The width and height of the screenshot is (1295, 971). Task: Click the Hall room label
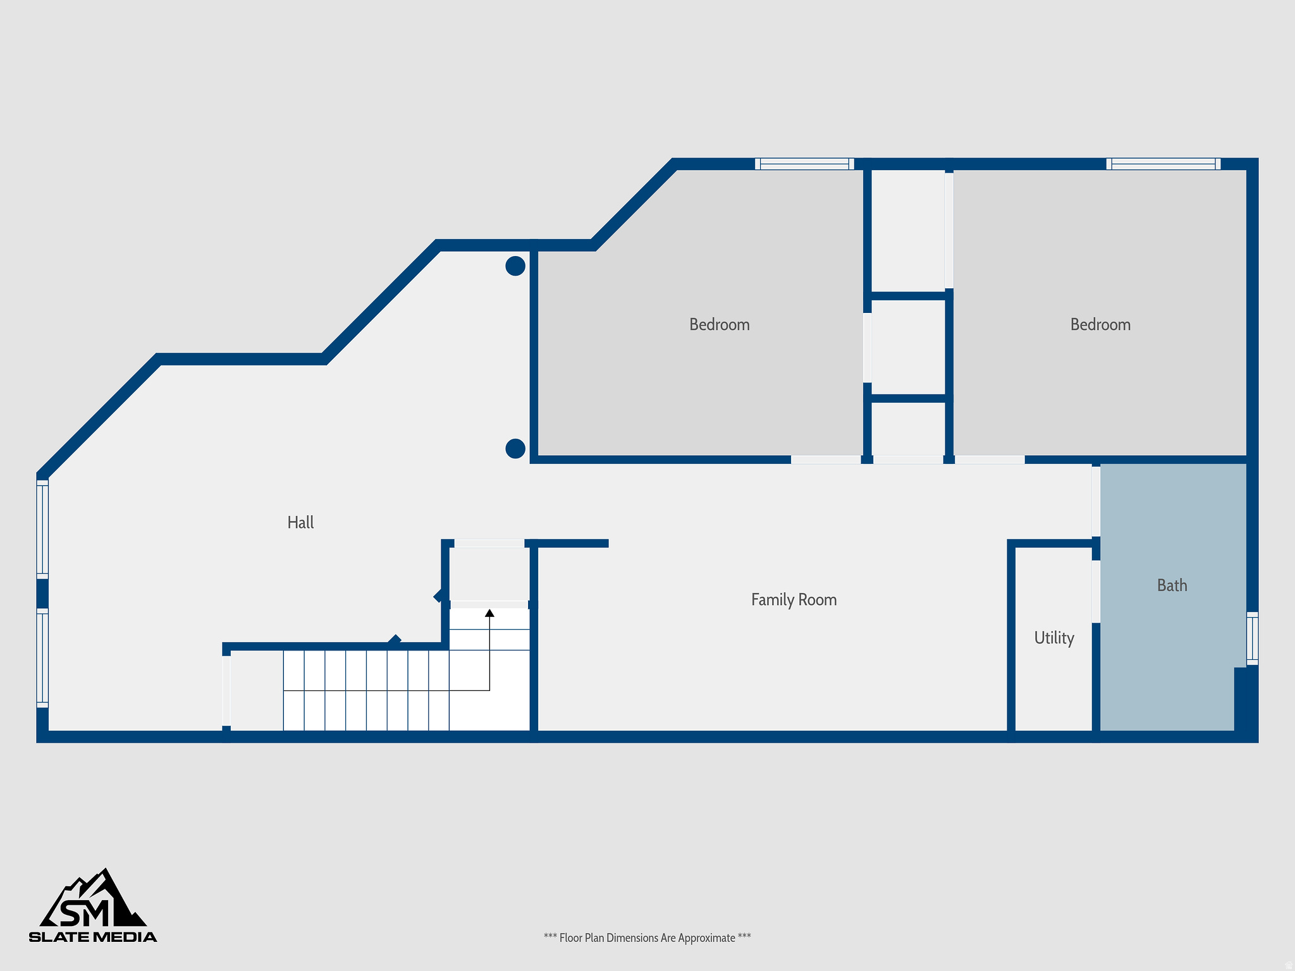click(300, 523)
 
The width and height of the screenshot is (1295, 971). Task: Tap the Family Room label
click(794, 600)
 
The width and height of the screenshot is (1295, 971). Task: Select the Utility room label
click(1054, 638)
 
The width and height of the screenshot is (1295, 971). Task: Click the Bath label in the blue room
click(1172, 585)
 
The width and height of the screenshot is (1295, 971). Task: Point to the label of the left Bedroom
click(719, 325)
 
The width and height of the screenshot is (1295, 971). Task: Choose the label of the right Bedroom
click(1100, 325)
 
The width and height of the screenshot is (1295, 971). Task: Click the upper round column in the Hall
click(515, 266)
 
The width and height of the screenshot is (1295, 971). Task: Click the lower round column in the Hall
click(515, 449)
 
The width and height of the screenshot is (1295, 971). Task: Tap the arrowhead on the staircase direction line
click(489, 613)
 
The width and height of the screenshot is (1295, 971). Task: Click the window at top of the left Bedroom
click(804, 164)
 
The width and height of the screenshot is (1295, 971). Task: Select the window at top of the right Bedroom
click(1163, 164)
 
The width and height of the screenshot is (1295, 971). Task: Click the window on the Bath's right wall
click(1252, 638)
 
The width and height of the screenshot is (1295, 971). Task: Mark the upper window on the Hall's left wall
click(42, 530)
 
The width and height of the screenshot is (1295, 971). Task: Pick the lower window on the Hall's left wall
click(42, 657)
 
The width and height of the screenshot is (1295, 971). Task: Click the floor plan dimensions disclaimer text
click(647, 938)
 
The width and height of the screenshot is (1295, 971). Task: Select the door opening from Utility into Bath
click(1096, 592)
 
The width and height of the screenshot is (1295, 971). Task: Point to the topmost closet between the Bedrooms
click(908, 231)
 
